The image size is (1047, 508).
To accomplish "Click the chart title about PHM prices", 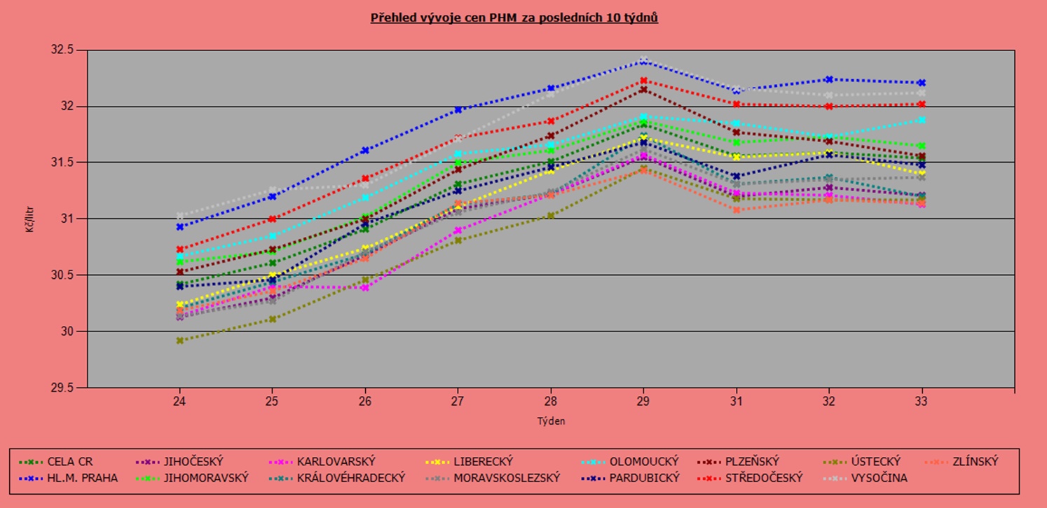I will (514, 18).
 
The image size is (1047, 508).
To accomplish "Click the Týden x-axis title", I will (551, 421).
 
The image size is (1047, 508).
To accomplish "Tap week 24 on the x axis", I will (180, 402).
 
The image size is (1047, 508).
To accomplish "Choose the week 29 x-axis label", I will (643, 402).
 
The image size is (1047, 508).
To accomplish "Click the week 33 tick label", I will (922, 402).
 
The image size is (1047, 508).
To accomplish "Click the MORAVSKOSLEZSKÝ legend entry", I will (500, 478).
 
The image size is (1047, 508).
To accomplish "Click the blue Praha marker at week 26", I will (365, 150).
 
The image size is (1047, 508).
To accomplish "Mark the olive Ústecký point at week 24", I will (180, 341).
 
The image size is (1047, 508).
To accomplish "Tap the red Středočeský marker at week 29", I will (643, 81).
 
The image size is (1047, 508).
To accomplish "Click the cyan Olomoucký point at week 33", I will (922, 120).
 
